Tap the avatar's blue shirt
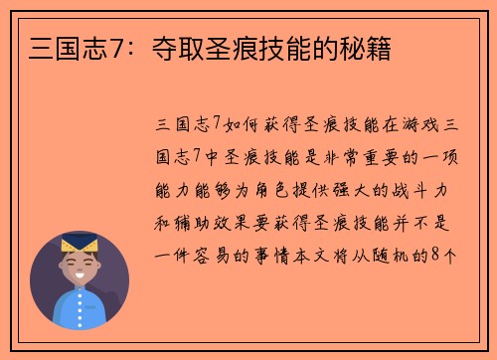[x=80, y=312]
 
